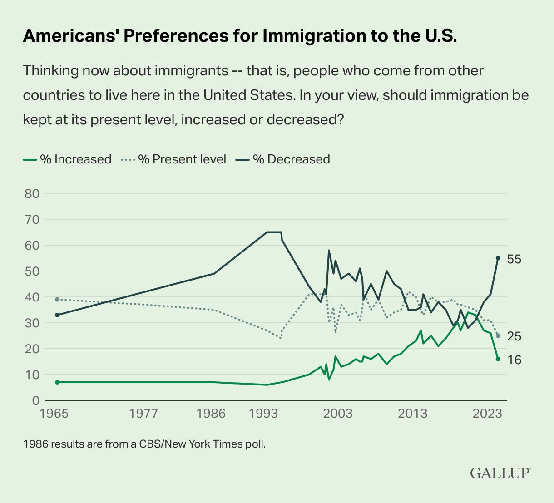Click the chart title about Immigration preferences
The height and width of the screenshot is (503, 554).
pyautogui.click(x=240, y=36)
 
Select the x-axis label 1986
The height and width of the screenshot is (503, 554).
pyautogui.click(x=212, y=414)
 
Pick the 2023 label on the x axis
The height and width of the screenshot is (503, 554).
pyautogui.click(x=487, y=414)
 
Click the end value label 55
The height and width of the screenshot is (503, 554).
pyautogui.click(x=514, y=259)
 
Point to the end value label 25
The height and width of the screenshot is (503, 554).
pyautogui.click(x=514, y=336)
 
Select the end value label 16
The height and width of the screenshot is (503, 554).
pyautogui.click(x=514, y=360)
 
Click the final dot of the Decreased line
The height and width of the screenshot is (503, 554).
pyautogui.click(x=498, y=258)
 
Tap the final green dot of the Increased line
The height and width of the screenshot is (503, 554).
pyautogui.click(x=498, y=359)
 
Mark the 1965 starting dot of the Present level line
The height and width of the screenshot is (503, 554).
pyautogui.click(x=57, y=300)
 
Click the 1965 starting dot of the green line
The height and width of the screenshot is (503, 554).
pyautogui.click(x=57, y=382)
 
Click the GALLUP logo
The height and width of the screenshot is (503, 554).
pyautogui.click(x=500, y=473)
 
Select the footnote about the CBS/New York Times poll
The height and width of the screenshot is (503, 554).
pyautogui.click(x=144, y=444)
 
